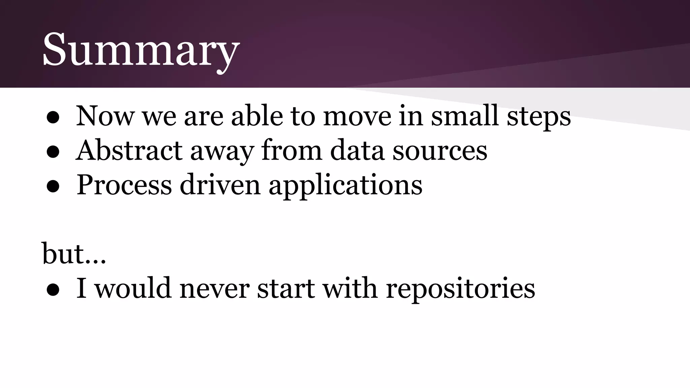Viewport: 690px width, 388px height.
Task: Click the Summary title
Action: click(140, 50)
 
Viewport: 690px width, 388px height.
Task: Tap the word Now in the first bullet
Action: click(105, 116)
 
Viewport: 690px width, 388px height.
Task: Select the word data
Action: click(357, 151)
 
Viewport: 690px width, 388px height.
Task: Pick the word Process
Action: click(124, 185)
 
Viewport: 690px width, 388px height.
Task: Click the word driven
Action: click(220, 185)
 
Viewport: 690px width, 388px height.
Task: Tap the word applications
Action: click(345, 186)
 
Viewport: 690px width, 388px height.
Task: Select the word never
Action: click(214, 289)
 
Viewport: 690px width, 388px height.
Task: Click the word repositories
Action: click(460, 290)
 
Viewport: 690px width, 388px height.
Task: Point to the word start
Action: click(286, 289)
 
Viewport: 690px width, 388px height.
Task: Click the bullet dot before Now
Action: click(53, 118)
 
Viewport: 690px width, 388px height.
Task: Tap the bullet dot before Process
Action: click(53, 187)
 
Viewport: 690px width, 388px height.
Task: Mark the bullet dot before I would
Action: click(53, 290)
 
